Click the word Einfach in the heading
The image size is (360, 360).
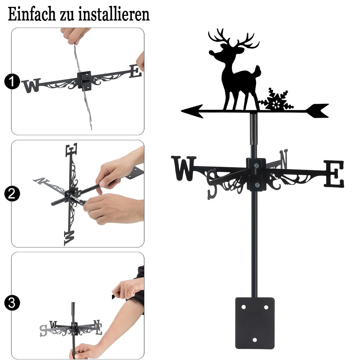(32, 14)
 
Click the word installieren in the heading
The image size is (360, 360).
(114, 14)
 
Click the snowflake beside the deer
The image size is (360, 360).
(276, 100)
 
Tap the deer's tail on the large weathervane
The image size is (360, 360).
(258, 71)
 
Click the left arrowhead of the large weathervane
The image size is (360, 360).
(192, 111)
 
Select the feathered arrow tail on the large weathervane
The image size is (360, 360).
(318, 111)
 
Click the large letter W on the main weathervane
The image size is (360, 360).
(184, 168)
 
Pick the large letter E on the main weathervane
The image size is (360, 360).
(334, 174)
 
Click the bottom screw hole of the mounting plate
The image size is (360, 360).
(255, 340)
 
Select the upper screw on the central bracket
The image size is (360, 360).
(256, 165)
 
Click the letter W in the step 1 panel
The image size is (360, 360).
(31, 86)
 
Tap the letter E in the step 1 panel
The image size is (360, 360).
(135, 71)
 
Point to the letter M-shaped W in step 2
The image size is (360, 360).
(69, 238)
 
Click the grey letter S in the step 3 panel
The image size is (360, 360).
(43, 331)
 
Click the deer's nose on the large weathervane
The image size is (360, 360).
(211, 53)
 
